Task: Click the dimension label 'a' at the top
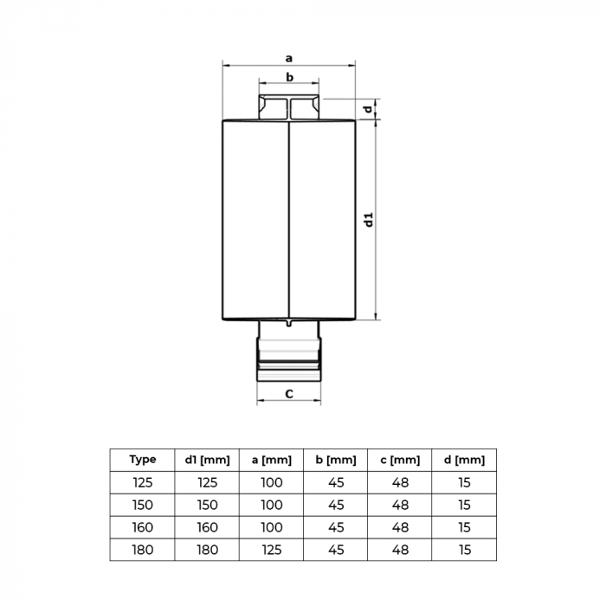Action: coord(289,58)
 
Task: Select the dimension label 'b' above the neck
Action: coord(289,78)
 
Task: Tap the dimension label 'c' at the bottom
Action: coord(289,394)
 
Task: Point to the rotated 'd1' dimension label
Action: coord(369,219)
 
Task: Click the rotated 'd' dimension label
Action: coord(369,108)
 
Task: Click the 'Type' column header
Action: coord(142,460)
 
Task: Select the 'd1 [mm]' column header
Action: coord(207,460)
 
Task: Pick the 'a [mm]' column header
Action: coord(271,460)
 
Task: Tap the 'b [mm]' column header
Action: coord(336,460)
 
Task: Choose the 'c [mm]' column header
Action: coord(400,460)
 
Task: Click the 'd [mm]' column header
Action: coord(465,460)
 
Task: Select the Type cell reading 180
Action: coord(142,549)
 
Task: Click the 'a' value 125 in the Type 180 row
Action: coord(271,549)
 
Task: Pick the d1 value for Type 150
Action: coord(207,505)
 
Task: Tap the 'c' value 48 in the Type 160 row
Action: coord(400,526)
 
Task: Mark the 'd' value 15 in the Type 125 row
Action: coord(465,482)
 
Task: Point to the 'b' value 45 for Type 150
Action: coord(336,505)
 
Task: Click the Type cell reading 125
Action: coord(142,482)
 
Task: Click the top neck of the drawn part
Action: coord(289,107)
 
